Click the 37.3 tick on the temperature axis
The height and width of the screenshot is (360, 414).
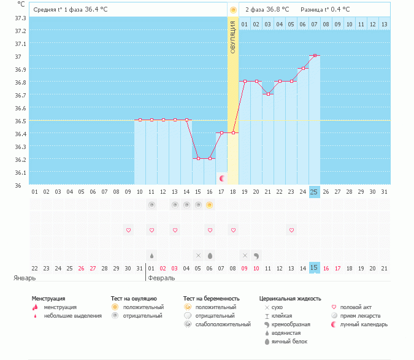click(x=20, y=18)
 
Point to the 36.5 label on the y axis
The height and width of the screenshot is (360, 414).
click(x=20, y=121)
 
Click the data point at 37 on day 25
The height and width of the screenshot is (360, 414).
click(x=315, y=56)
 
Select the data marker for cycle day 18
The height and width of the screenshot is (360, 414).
click(x=233, y=133)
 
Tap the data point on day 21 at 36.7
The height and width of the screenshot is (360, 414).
click(x=268, y=94)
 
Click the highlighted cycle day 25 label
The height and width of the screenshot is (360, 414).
click(x=315, y=192)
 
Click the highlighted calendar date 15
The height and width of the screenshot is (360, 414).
click(x=315, y=268)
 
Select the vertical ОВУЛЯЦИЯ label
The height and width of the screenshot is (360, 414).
click(x=233, y=37)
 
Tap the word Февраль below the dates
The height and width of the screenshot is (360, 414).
click(x=161, y=278)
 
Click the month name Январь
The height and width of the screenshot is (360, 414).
click(x=25, y=278)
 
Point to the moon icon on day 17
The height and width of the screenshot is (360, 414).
click(x=222, y=178)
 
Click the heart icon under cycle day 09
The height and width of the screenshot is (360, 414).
click(x=129, y=231)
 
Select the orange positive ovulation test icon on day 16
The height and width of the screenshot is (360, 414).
click(x=210, y=205)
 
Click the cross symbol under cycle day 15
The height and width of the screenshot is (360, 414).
click(x=198, y=255)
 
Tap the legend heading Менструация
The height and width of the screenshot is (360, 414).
click(x=48, y=299)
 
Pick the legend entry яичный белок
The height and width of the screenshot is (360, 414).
click(x=287, y=341)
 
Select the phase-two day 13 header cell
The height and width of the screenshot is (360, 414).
click(x=384, y=24)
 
